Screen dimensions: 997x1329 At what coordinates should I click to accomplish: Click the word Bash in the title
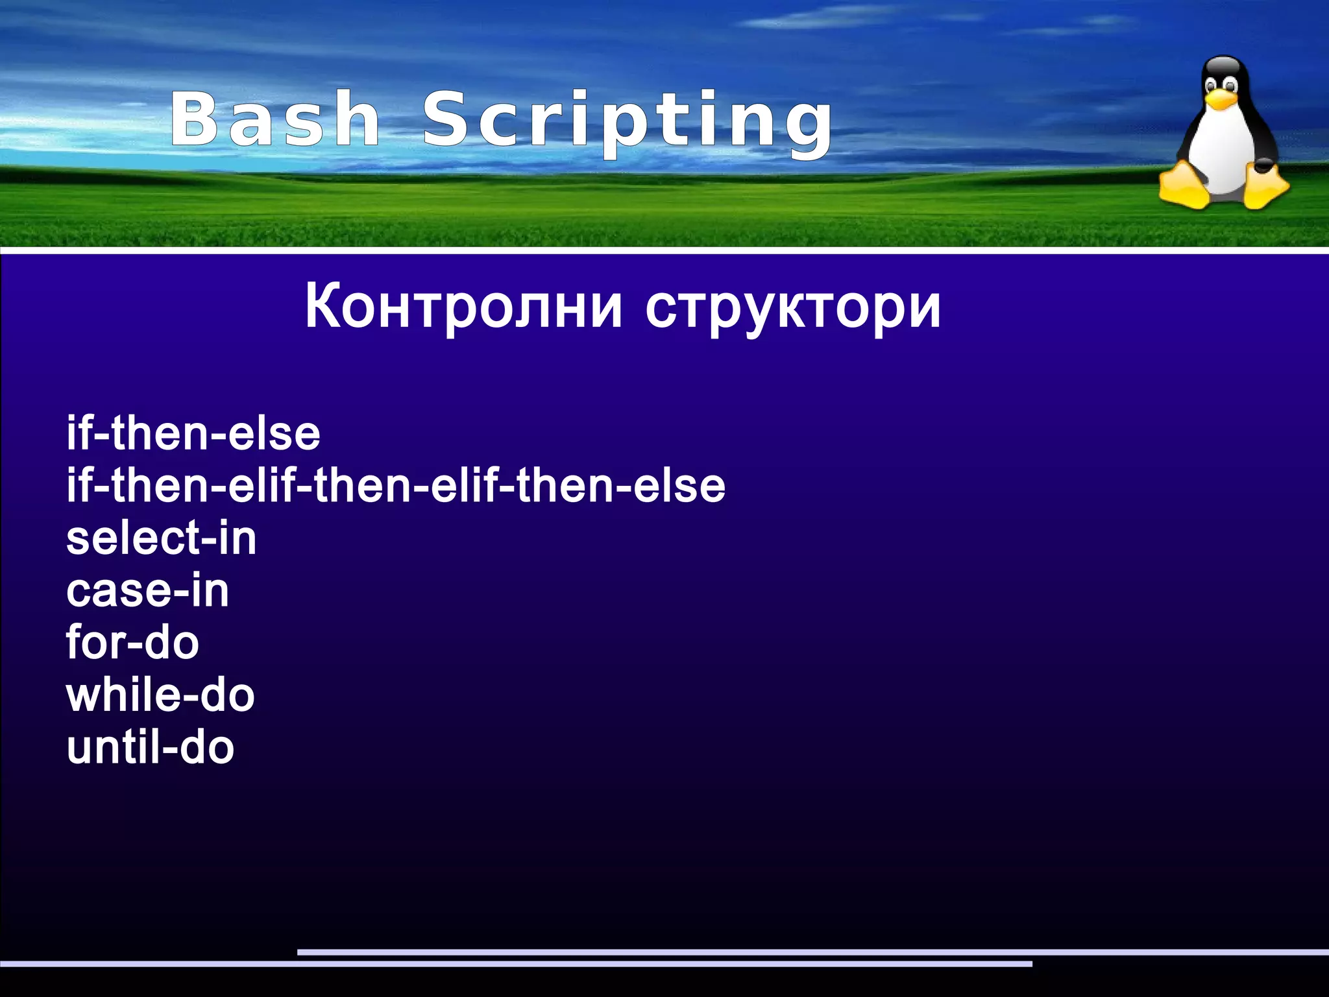click(x=275, y=120)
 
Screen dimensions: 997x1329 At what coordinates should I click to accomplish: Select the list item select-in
click(x=162, y=538)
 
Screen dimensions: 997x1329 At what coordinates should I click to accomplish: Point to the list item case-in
click(x=148, y=591)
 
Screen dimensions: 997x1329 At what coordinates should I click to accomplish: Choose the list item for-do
click(x=133, y=643)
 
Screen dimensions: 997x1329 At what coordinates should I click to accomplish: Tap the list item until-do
click(x=151, y=747)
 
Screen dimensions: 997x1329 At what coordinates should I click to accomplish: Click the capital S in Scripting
click(x=447, y=119)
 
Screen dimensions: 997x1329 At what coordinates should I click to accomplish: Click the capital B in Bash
click(x=193, y=119)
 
